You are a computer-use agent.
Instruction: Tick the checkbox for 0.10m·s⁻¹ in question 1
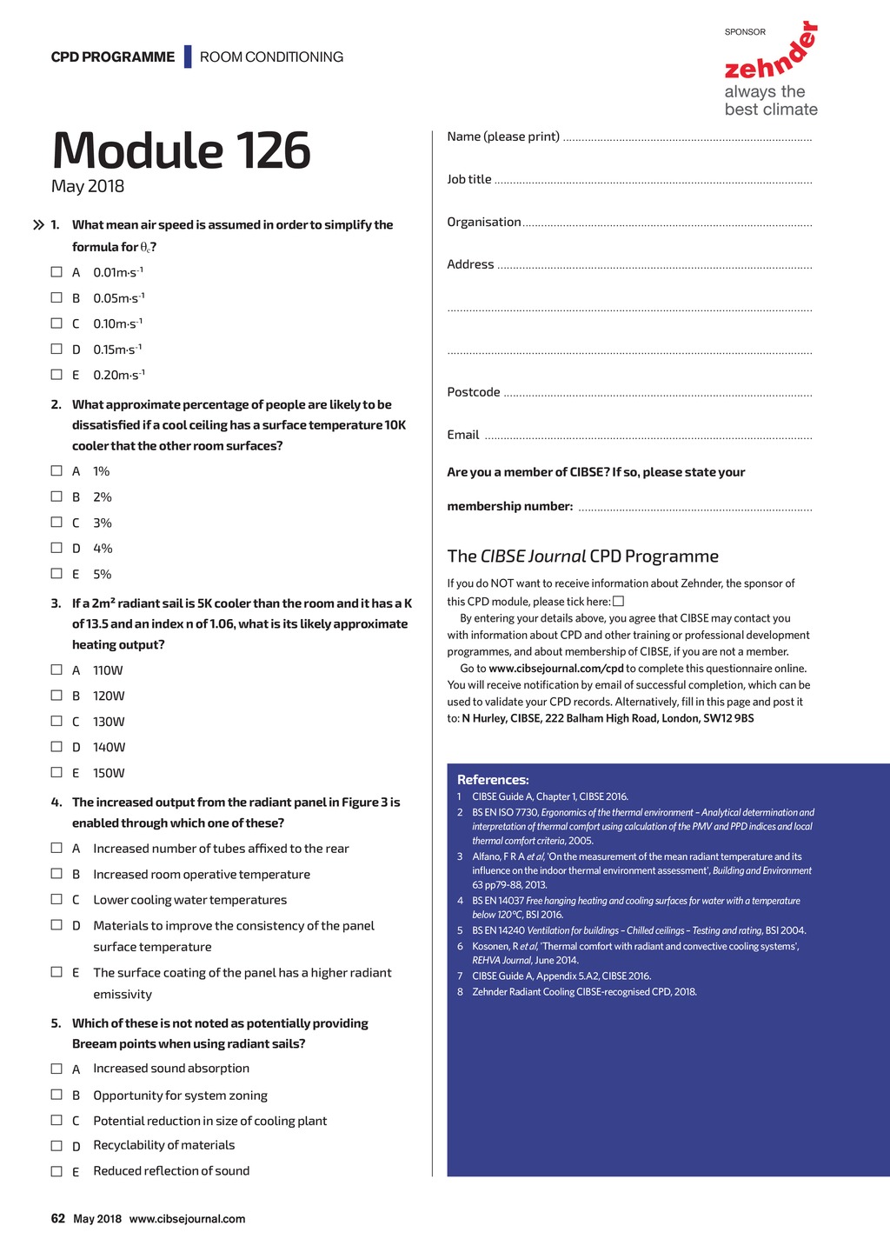[x=56, y=323]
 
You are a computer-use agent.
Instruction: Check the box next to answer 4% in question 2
[x=56, y=548]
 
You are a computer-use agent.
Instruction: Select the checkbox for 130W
[x=56, y=721]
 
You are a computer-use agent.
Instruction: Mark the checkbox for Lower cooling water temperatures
[x=56, y=899]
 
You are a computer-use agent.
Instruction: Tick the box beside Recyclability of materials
[x=56, y=1146]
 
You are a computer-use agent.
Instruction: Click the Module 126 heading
[x=181, y=150]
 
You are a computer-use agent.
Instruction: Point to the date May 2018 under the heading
[x=88, y=186]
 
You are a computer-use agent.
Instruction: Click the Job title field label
[x=469, y=179]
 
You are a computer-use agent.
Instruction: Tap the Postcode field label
[x=474, y=392]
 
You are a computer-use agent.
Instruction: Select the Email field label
[x=463, y=435]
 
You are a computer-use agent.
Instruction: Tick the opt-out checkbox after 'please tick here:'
[x=619, y=602]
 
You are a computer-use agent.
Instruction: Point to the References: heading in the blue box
[x=493, y=780]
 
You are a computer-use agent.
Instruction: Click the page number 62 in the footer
[x=58, y=1218]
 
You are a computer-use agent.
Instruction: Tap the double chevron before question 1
[x=38, y=225]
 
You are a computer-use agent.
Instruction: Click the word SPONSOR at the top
[x=745, y=32]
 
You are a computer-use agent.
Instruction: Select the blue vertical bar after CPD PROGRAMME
[x=188, y=57]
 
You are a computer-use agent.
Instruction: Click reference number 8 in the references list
[x=461, y=992]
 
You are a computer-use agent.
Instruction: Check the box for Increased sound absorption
[x=56, y=1069]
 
